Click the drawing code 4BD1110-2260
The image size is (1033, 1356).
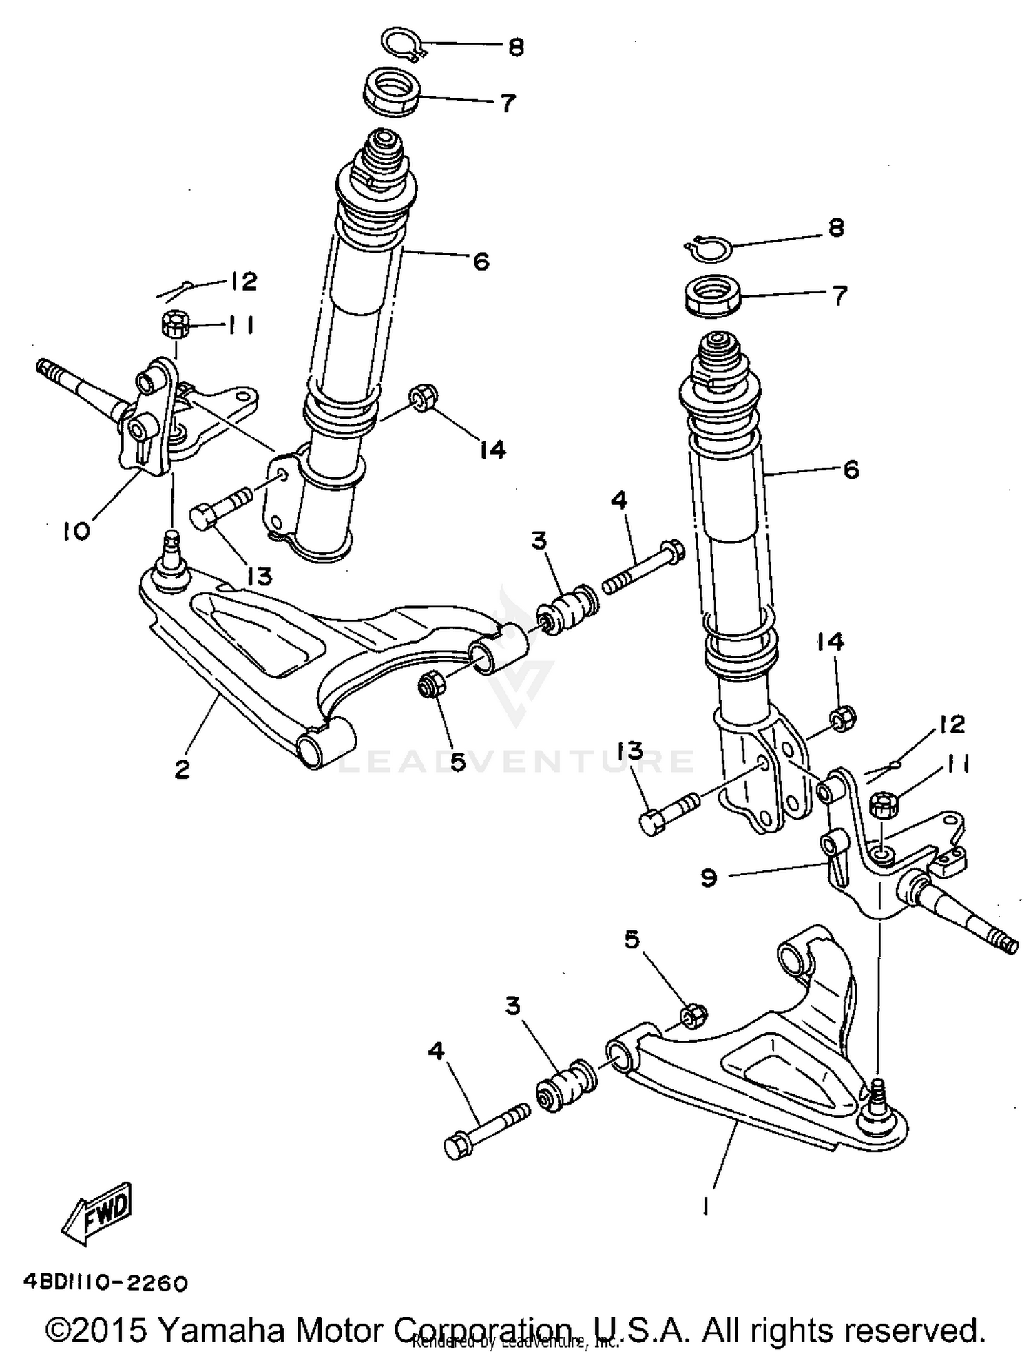(105, 1283)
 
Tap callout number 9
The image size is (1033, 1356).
(709, 877)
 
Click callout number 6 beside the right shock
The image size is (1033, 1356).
(851, 470)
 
